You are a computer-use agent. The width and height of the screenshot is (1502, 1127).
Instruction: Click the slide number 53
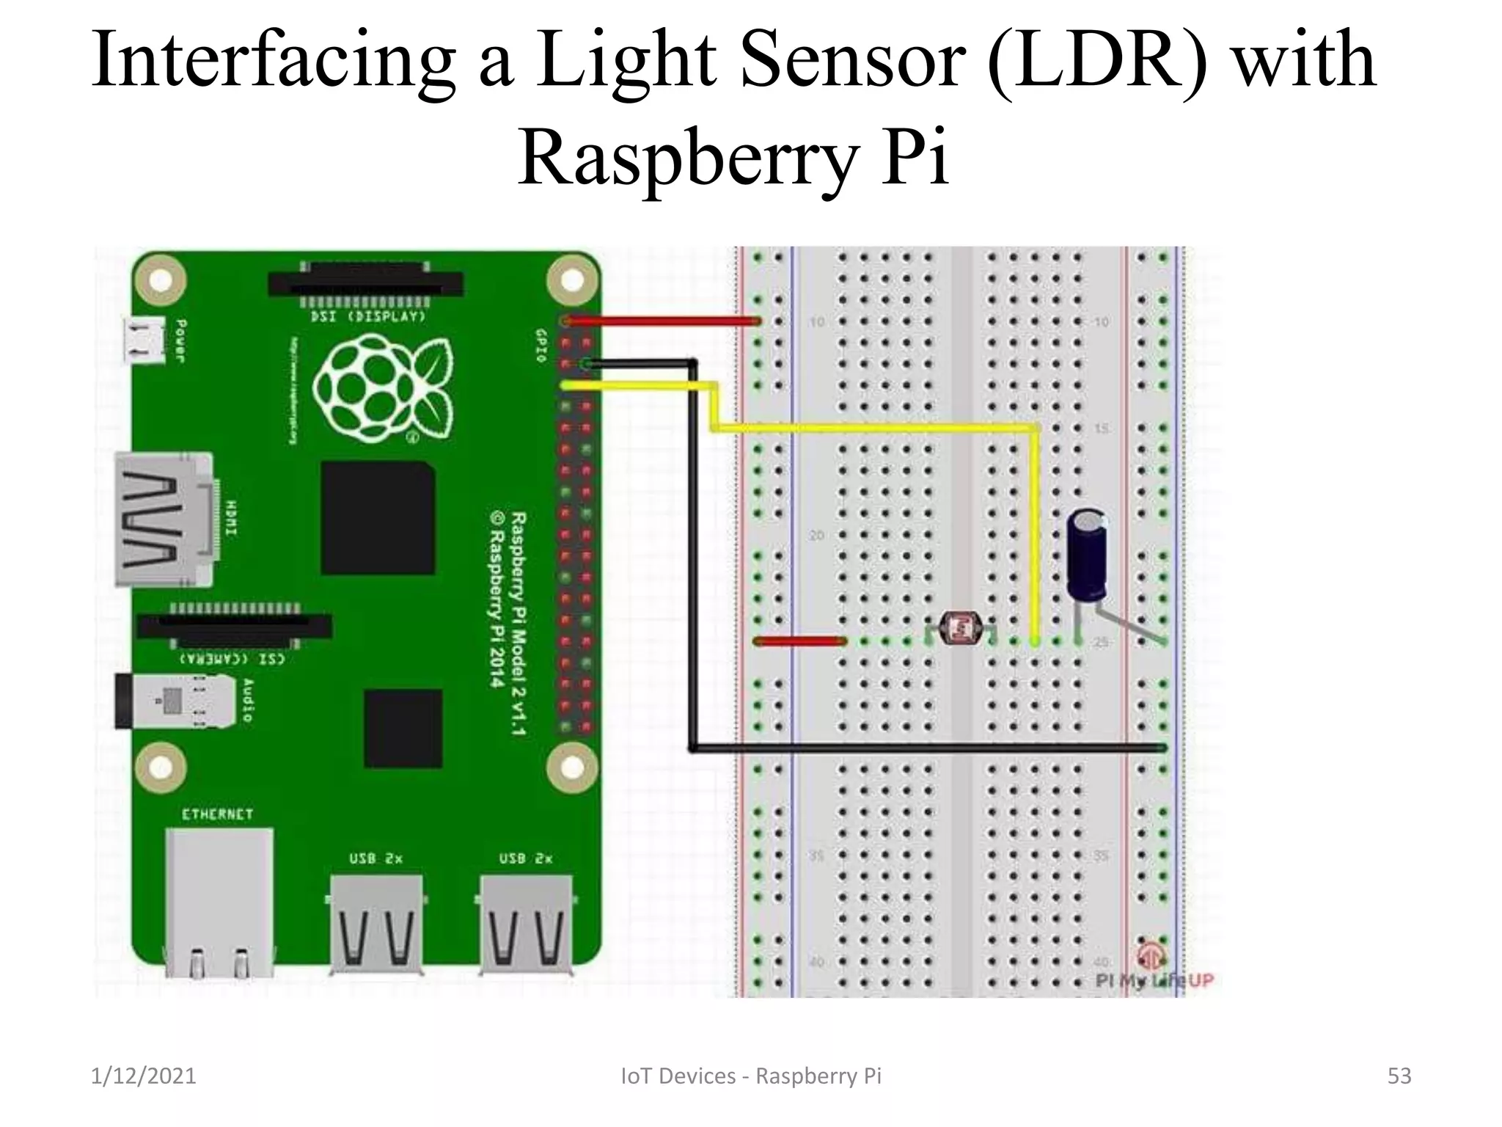pos(1399,1076)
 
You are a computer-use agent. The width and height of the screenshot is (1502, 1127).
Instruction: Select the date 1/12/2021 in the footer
pos(144,1076)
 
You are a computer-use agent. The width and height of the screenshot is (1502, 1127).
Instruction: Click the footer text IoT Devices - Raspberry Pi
pos(750,1076)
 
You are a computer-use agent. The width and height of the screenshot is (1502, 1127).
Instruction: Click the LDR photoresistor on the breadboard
pos(960,629)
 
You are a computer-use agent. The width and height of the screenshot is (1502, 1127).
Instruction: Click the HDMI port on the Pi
pos(164,519)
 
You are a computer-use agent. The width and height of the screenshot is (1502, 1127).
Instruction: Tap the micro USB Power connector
pos(144,340)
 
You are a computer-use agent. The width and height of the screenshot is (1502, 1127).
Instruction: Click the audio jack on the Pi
pos(176,701)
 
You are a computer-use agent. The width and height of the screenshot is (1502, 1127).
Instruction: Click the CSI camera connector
pos(235,626)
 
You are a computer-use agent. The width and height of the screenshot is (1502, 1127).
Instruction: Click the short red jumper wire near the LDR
pos(799,641)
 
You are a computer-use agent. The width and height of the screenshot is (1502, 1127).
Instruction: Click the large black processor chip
pos(378,518)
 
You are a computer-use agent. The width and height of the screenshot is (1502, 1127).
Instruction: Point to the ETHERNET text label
pos(217,814)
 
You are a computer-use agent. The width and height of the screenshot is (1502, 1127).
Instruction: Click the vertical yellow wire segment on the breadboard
pos(1035,536)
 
